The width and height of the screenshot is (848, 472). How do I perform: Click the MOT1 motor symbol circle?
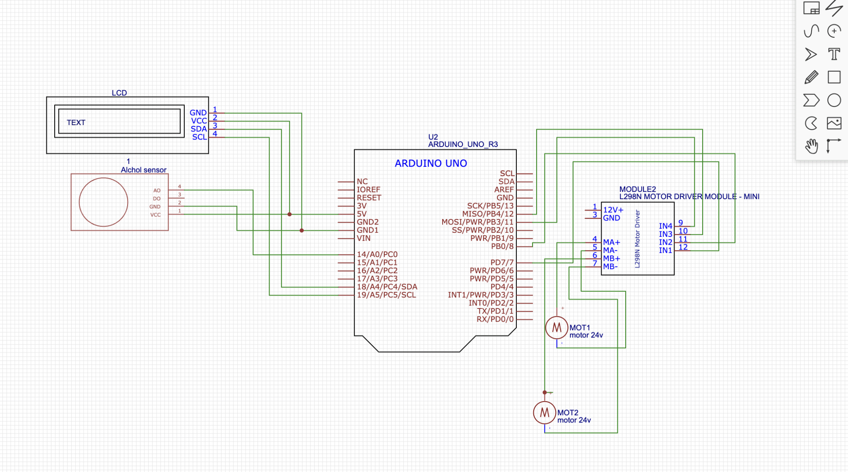(556, 328)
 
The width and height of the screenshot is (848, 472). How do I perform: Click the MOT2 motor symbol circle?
(544, 412)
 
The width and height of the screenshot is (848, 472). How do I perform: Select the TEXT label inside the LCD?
(76, 123)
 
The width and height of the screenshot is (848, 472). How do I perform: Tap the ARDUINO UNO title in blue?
(431, 164)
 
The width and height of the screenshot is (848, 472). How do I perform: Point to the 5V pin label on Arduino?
(361, 214)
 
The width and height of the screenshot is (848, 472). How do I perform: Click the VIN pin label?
(364, 238)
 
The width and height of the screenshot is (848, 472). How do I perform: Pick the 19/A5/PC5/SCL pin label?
(386, 295)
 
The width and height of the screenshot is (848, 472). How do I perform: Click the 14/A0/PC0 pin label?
(377, 254)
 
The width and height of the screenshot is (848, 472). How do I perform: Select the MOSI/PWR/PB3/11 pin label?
(477, 222)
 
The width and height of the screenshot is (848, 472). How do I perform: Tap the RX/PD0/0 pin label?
(495, 319)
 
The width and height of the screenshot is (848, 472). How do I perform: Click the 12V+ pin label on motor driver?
(613, 210)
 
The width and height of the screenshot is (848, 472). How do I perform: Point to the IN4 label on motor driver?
(665, 226)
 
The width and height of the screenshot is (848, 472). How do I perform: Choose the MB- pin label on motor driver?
(610, 267)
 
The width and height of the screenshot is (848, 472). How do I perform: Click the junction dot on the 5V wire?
(289, 214)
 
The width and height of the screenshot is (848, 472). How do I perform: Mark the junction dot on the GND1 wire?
(301, 230)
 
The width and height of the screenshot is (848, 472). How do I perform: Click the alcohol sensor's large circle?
(104, 202)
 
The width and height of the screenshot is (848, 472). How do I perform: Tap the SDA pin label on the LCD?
(198, 129)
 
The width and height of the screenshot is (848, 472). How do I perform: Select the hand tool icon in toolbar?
(811, 146)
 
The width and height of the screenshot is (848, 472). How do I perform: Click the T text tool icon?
(834, 54)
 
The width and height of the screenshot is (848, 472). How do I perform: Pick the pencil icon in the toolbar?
(811, 77)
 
